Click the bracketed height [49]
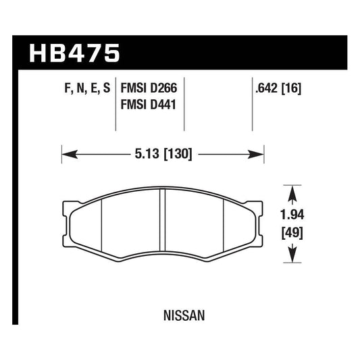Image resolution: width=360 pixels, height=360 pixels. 292,234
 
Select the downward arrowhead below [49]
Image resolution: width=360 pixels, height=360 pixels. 292,257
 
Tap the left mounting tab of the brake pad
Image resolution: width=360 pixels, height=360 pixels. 67,207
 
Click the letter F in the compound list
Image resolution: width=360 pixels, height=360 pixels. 57,88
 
